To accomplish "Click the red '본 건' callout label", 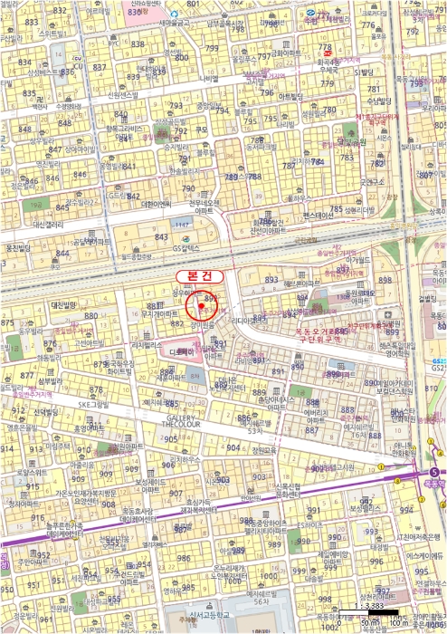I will coord(197,274).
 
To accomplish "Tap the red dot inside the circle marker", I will coord(198,308).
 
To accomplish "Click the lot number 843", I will coord(162,237).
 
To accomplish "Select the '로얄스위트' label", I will coord(31,472).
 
